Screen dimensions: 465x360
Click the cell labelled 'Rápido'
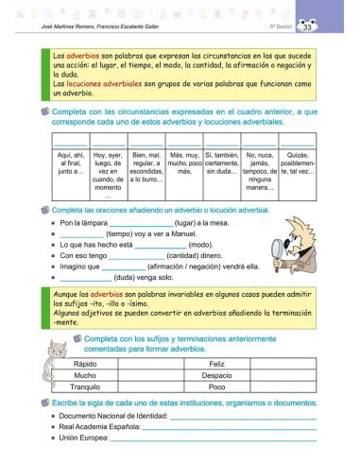click(x=85, y=363)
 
